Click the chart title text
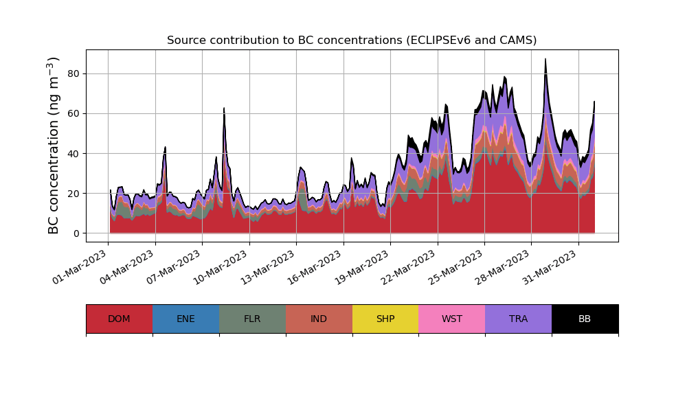(352, 41)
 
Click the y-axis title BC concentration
(54, 146)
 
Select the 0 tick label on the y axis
(76, 233)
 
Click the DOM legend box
(119, 319)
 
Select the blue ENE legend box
(185, 319)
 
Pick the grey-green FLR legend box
(252, 319)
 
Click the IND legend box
(319, 319)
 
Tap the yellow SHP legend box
(385, 319)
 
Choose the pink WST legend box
(452, 319)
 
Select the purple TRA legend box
(519, 319)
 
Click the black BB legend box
(585, 319)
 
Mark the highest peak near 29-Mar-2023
(545, 60)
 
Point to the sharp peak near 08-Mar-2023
(224, 108)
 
